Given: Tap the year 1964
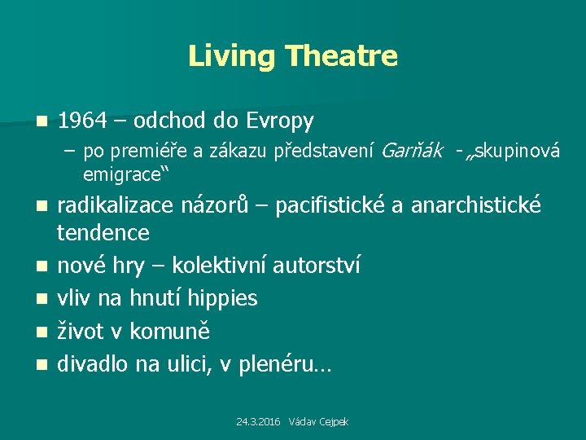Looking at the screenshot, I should click(82, 121).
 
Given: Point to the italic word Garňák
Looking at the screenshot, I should click(411, 150).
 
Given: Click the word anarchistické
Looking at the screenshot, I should click(475, 205).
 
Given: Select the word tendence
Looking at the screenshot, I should click(103, 233).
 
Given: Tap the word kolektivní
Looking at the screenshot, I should click(221, 266).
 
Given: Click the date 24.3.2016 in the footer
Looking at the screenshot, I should click(258, 422).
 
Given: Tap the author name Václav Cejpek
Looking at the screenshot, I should click(320, 422).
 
